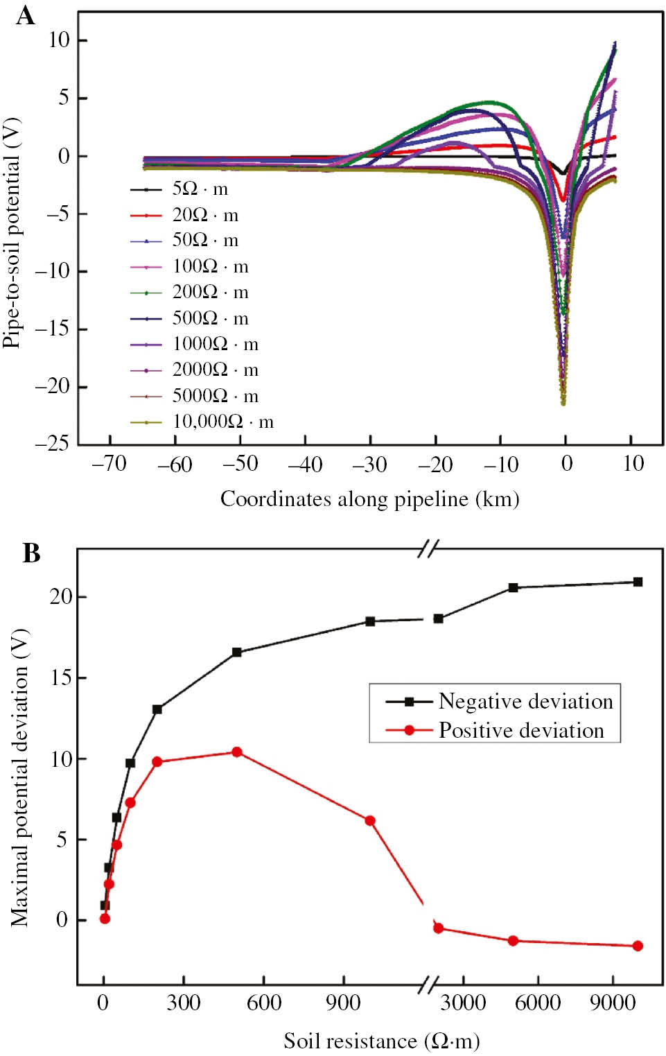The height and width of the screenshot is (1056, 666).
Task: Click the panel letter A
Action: [x=25, y=15]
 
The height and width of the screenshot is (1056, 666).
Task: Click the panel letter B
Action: [x=31, y=553]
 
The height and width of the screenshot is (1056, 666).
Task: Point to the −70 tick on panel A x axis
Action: [x=109, y=463]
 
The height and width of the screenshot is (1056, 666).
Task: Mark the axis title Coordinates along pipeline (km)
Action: [x=369, y=499]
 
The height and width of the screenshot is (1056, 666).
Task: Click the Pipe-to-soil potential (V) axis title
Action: [x=12, y=232]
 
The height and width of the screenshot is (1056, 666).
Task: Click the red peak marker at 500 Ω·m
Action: [x=237, y=752]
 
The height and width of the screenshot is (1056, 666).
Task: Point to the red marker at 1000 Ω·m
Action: [x=370, y=821]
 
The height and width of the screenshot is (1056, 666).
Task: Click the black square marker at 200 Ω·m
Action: [x=157, y=709]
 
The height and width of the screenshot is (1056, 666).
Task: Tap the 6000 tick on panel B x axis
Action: [x=538, y=1003]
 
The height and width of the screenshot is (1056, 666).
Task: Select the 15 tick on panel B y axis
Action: [x=61, y=677]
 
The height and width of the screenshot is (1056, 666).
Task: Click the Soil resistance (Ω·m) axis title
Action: [x=381, y=1041]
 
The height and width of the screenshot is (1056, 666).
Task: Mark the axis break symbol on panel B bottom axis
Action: [x=429, y=985]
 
